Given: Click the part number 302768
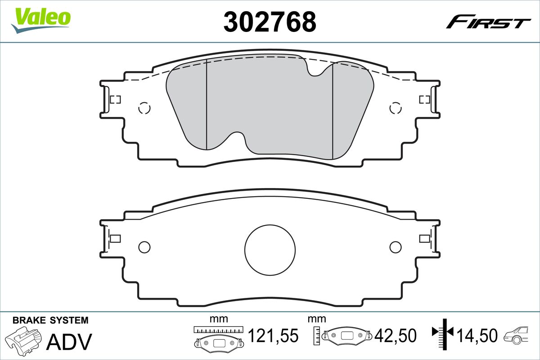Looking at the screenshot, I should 270,21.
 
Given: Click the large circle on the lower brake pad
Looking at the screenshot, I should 270,249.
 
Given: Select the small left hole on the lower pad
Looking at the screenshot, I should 144,247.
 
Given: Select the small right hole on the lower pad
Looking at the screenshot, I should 395,247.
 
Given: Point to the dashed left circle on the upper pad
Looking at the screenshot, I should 144,108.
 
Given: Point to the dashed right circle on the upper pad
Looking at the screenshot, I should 395,108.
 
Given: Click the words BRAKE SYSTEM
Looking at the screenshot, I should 50,320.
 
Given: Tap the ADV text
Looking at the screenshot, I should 69,342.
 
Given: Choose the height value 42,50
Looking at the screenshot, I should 396,336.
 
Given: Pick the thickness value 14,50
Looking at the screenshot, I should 477,336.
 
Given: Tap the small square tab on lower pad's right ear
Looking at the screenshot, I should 424,238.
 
